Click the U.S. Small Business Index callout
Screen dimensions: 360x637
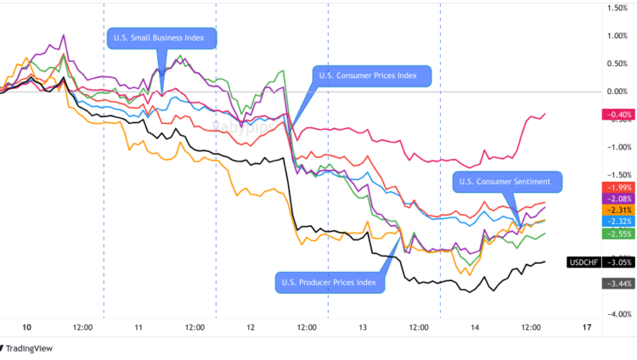coord(161,37)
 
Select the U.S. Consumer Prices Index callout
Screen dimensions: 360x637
coord(372,76)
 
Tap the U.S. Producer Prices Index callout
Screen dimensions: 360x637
coord(328,282)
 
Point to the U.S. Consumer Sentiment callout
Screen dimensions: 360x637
coord(510,181)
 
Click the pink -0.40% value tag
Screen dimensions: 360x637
coord(615,115)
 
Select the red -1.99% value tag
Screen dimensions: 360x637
coord(615,187)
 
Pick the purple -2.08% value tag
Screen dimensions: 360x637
coord(615,198)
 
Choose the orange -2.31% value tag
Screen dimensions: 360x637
coord(615,210)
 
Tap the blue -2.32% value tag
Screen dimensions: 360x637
coord(615,221)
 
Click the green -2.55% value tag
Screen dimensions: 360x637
coord(615,233)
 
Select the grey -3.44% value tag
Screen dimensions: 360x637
coord(615,283)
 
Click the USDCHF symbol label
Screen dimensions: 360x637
coord(583,262)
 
